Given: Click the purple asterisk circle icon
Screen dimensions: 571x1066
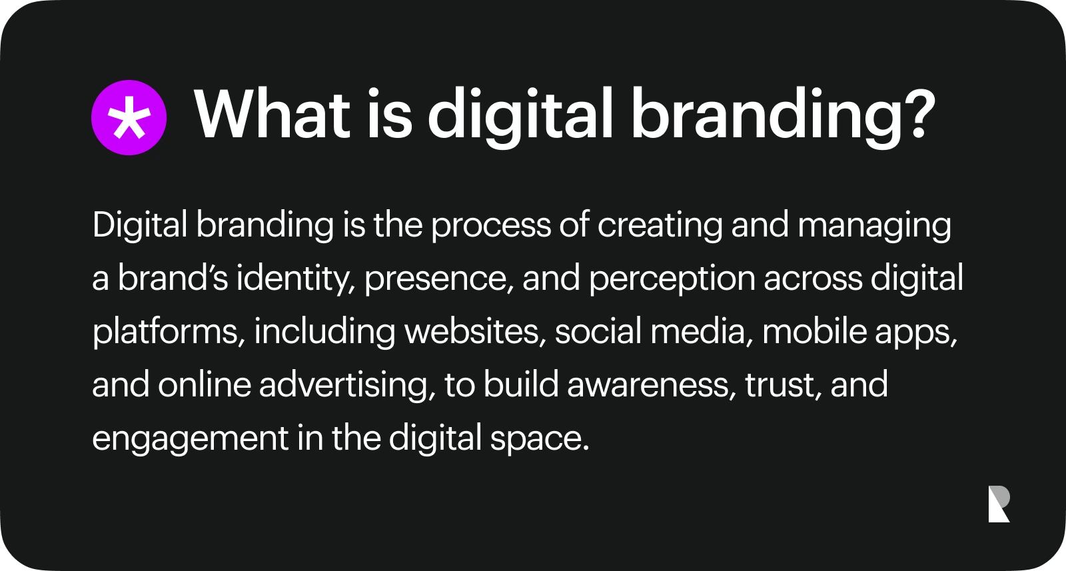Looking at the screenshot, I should [129, 118].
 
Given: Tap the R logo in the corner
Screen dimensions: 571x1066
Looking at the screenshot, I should [999, 504].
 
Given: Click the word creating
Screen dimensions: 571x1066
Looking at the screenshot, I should [660, 227].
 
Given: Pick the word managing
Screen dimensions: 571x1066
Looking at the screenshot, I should [874, 227].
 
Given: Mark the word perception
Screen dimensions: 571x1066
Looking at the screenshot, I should [672, 280].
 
